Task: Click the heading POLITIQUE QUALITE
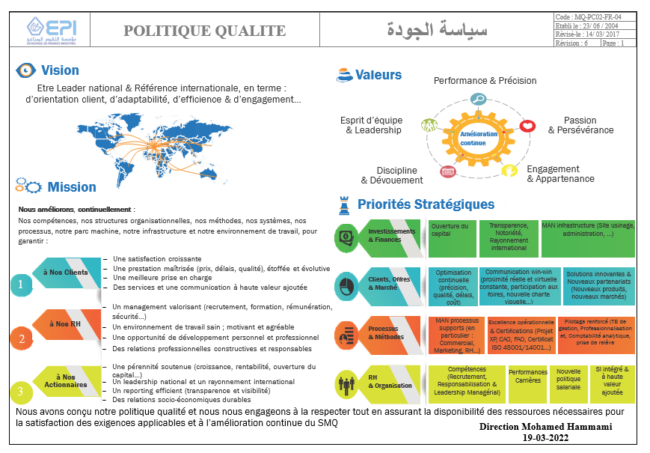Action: pyautogui.click(x=204, y=31)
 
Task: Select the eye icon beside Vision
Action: pyautogui.click(x=26, y=70)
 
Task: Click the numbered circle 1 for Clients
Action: pyautogui.click(x=21, y=285)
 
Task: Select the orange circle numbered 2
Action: pyautogui.click(x=21, y=339)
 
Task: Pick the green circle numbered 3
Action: pyautogui.click(x=21, y=391)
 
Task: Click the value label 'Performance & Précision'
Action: pyautogui.click(x=485, y=81)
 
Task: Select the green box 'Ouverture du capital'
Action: pyautogui.click(x=450, y=230)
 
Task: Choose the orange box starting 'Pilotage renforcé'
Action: pyautogui.click(x=595, y=333)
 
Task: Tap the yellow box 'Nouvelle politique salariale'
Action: pyautogui.click(x=568, y=380)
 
